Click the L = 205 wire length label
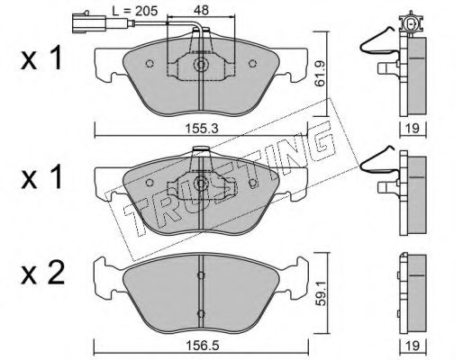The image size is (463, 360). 135,11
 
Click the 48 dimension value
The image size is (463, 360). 201,10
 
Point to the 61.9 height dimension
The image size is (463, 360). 320,74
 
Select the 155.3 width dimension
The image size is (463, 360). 201,129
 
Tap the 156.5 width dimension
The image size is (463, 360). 202,346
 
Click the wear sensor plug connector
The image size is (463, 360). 87,22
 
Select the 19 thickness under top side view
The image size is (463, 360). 413,129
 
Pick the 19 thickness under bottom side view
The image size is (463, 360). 413,346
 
